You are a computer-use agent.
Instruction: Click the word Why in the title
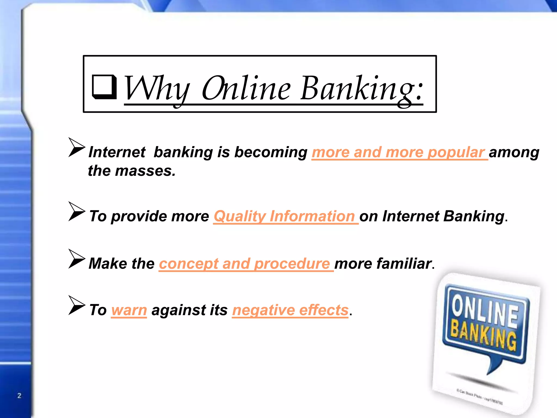coord(156,88)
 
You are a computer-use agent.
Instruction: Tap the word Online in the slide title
coord(246,88)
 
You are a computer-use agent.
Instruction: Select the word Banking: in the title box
coord(362,88)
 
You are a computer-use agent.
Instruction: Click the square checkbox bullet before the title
coord(104,87)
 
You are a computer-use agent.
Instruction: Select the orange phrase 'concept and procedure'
coord(245,264)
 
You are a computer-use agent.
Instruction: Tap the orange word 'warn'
coord(129,310)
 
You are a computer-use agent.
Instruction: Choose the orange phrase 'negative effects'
coord(290,310)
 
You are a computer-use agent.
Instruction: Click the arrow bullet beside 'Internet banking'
coord(76,147)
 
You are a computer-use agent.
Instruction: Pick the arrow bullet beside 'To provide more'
coord(76,211)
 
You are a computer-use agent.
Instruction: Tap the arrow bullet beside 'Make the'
coord(76,259)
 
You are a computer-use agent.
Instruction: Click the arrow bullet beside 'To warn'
coord(76,305)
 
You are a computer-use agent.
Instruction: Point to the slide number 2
coord(19,395)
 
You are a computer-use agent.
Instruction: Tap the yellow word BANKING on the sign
coord(483,334)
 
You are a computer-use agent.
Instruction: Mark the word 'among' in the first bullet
coord(514,152)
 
